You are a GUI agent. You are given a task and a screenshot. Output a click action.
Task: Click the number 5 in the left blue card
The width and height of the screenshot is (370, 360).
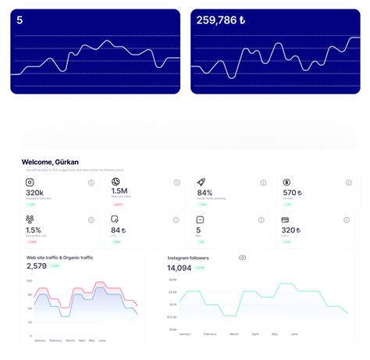pos(20,20)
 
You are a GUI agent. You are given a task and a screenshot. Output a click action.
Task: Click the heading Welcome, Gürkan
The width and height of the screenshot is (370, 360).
pos(52,162)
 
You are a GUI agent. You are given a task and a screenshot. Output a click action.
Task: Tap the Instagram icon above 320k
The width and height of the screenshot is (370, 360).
pos(30,182)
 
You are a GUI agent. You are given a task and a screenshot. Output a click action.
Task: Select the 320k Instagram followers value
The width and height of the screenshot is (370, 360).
pos(34,192)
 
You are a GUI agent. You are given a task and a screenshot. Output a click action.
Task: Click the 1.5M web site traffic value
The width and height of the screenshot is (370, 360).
pos(119,191)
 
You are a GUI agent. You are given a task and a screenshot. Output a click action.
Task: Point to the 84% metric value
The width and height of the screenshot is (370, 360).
pos(205,192)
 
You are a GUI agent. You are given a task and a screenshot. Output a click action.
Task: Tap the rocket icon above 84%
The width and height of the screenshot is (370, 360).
pos(201,182)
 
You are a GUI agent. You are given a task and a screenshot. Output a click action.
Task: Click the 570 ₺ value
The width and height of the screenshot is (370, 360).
pos(292,192)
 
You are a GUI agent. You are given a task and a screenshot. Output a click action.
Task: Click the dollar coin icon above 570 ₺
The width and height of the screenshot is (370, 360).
pos(286,182)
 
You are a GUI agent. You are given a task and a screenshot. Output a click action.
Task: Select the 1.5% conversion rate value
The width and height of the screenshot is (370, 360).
pos(34,230)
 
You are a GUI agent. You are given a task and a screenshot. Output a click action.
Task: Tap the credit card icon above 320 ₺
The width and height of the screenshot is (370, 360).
pos(286,219)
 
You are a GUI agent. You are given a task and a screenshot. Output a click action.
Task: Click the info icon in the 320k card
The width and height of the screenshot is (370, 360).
pos(91,183)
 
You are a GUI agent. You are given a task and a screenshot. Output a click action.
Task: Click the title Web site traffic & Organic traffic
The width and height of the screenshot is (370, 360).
pos(60,257)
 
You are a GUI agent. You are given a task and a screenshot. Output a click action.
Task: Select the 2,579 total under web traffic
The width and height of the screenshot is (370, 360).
pos(36,266)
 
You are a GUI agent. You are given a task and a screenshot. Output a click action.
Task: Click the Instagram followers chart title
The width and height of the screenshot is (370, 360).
pos(198,257)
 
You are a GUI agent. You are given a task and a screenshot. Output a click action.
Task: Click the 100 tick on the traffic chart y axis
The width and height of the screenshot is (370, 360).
pos(29,280)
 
